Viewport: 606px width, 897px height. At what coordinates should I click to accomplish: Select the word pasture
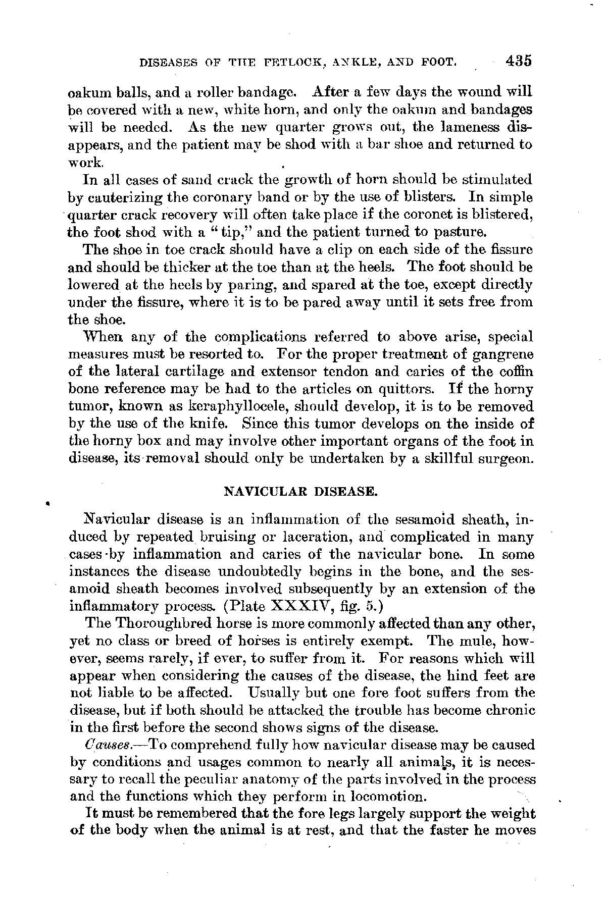(461, 233)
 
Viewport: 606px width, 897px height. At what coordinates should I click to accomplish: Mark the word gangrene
(502, 354)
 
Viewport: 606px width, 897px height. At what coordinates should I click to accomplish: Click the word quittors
(412, 389)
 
